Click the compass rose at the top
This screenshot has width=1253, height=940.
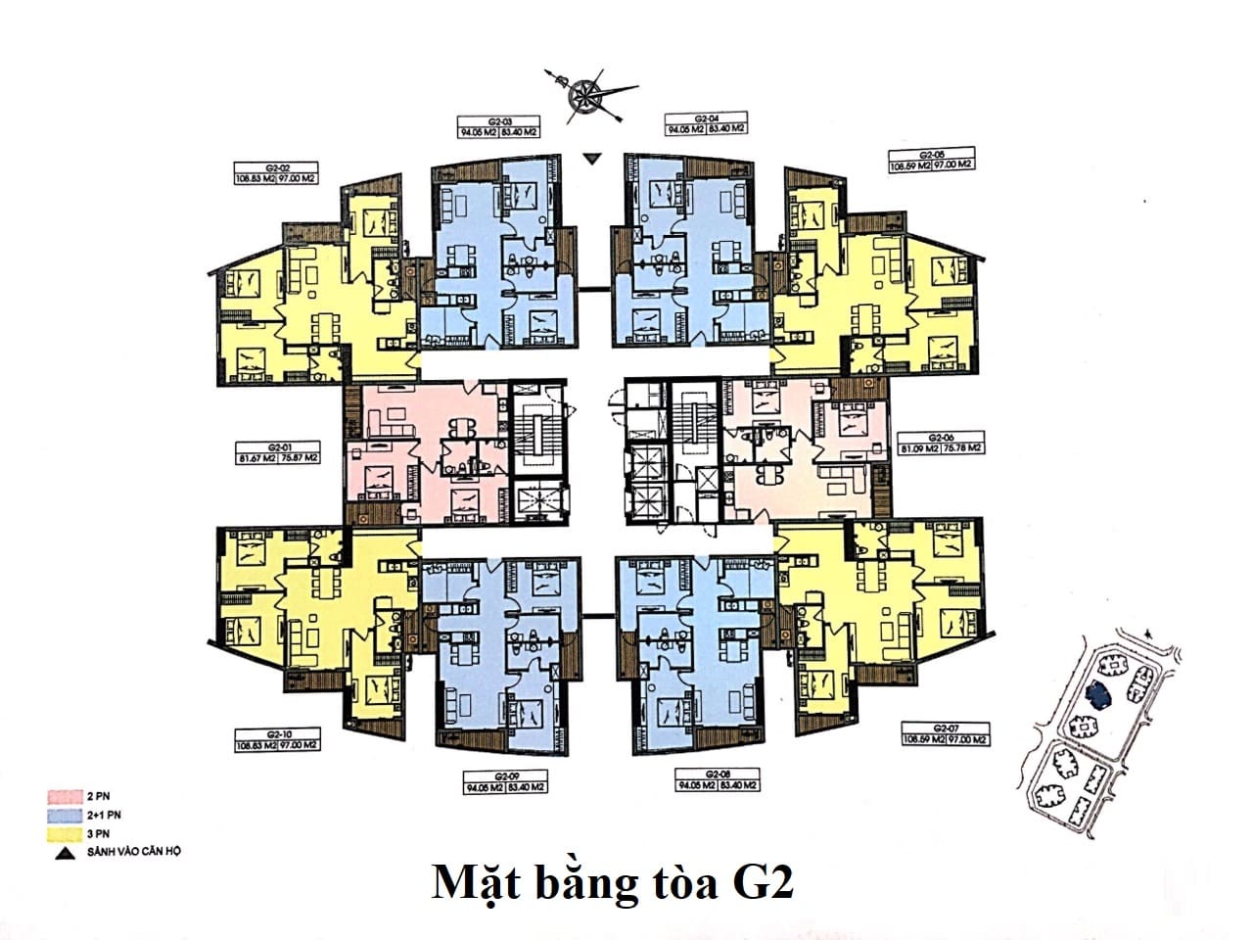point(588,93)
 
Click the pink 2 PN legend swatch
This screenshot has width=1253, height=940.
point(65,797)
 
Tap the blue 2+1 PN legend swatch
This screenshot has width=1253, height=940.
point(65,815)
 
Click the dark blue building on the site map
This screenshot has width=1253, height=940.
point(1098,694)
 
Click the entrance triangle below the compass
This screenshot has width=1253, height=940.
point(589,158)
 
